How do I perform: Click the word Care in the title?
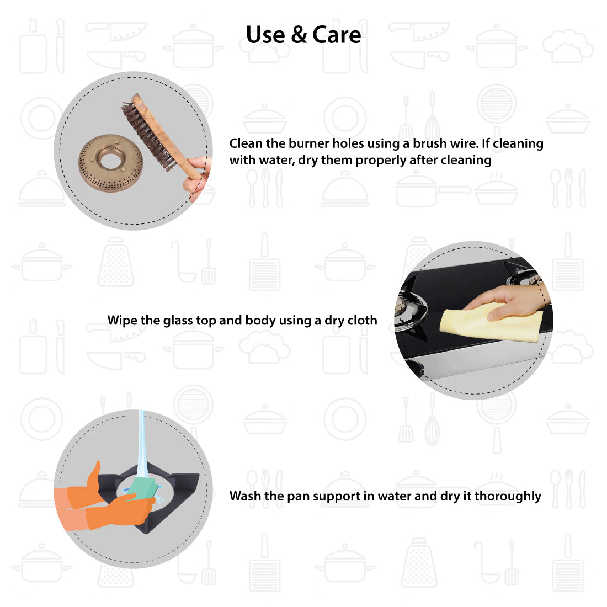(x=337, y=35)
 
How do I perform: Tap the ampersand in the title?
(x=299, y=35)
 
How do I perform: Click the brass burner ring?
(x=111, y=163)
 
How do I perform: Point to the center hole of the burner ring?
(x=110, y=159)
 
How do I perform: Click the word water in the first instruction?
(x=278, y=160)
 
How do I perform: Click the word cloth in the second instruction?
(x=362, y=320)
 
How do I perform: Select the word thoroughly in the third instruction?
(x=508, y=496)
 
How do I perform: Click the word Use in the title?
(x=265, y=35)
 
